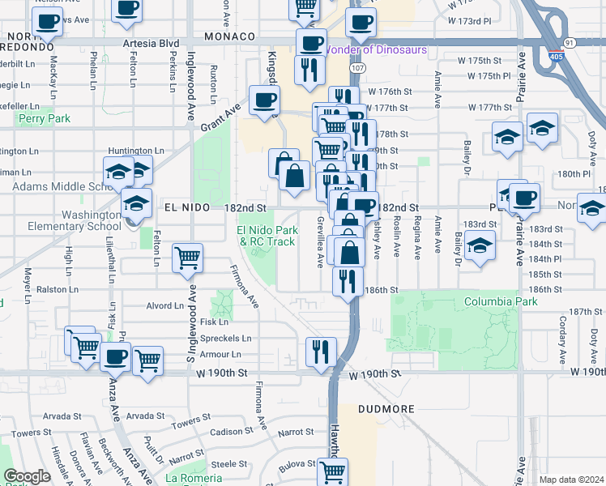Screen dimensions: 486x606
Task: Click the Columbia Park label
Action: pyautogui.click(x=501, y=302)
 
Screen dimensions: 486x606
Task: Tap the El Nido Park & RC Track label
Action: pyautogui.click(x=265, y=236)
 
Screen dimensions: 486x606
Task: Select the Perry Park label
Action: pyautogui.click(x=45, y=119)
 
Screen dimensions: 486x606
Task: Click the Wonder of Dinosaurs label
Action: pyautogui.click(x=374, y=49)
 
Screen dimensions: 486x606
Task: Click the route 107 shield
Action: pyautogui.click(x=357, y=67)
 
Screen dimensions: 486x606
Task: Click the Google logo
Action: pyautogui.click(x=26, y=476)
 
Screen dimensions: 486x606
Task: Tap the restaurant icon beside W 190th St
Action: pyautogui.click(x=321, y=352)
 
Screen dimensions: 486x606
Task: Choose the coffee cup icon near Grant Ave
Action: pyautogui.click(x=263, y=100)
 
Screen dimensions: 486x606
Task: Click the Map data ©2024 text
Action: pyautogui.click(x=572, y=480)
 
